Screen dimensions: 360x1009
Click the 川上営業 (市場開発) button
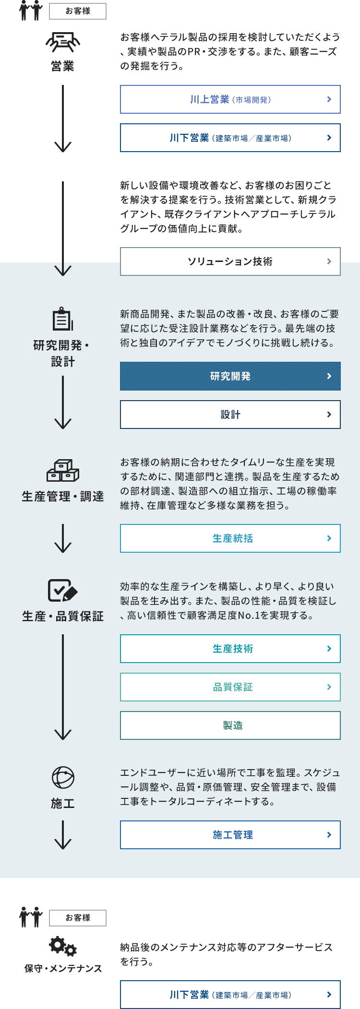pos(230,99)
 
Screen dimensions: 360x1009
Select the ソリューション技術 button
pos(230,261)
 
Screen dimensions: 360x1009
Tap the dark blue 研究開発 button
pos(230,376)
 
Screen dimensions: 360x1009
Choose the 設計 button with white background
pos(230,415)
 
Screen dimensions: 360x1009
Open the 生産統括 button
pos(230,538)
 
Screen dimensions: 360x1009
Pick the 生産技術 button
pos(230,649)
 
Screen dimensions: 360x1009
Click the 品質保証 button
pos(230,687)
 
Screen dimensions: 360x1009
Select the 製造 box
pos(230,725)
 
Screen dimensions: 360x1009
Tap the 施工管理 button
pos(230,835)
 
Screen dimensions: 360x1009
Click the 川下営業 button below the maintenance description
pos(230,995)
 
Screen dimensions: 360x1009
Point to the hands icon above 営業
pos(63,42)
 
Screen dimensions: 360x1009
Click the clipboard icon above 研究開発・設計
pos(63,319)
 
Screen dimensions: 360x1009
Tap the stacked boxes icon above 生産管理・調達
pos(63,471)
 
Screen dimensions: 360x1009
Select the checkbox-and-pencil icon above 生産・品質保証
pos(63,590)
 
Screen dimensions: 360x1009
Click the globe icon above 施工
pos(63,778)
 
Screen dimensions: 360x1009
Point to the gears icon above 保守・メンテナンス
pos(63,946)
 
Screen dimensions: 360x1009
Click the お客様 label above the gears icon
pos(78,918)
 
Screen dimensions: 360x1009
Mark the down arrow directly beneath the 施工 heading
pos(63,835)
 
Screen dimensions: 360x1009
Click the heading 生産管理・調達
pos(63,497)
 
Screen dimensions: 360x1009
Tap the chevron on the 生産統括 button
pos(329,538)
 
